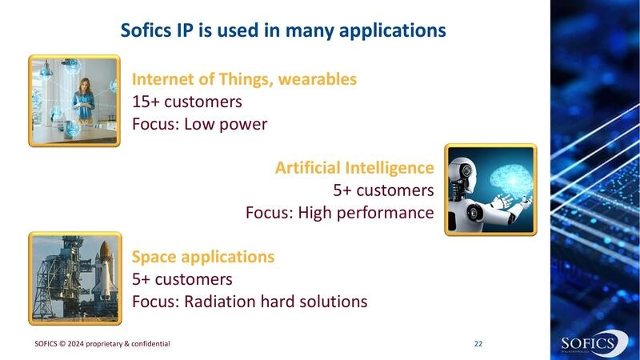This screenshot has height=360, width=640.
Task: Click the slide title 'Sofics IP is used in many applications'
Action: (x=282, y=31)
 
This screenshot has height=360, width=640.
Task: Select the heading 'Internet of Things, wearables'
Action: (x=244, y=80)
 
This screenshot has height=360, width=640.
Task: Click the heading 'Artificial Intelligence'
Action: (x=354, y=168)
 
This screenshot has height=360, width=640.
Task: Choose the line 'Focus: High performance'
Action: (x=340, y=213)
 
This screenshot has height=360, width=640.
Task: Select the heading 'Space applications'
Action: (x=203, y=257)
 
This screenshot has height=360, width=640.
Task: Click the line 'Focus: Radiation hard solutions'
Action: (x=250, y=302)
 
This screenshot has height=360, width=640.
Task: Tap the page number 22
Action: (x=478, y=343)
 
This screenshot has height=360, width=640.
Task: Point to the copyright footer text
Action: (x=102, y=343)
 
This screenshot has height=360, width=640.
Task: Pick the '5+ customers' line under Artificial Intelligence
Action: (x=383, y=190)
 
